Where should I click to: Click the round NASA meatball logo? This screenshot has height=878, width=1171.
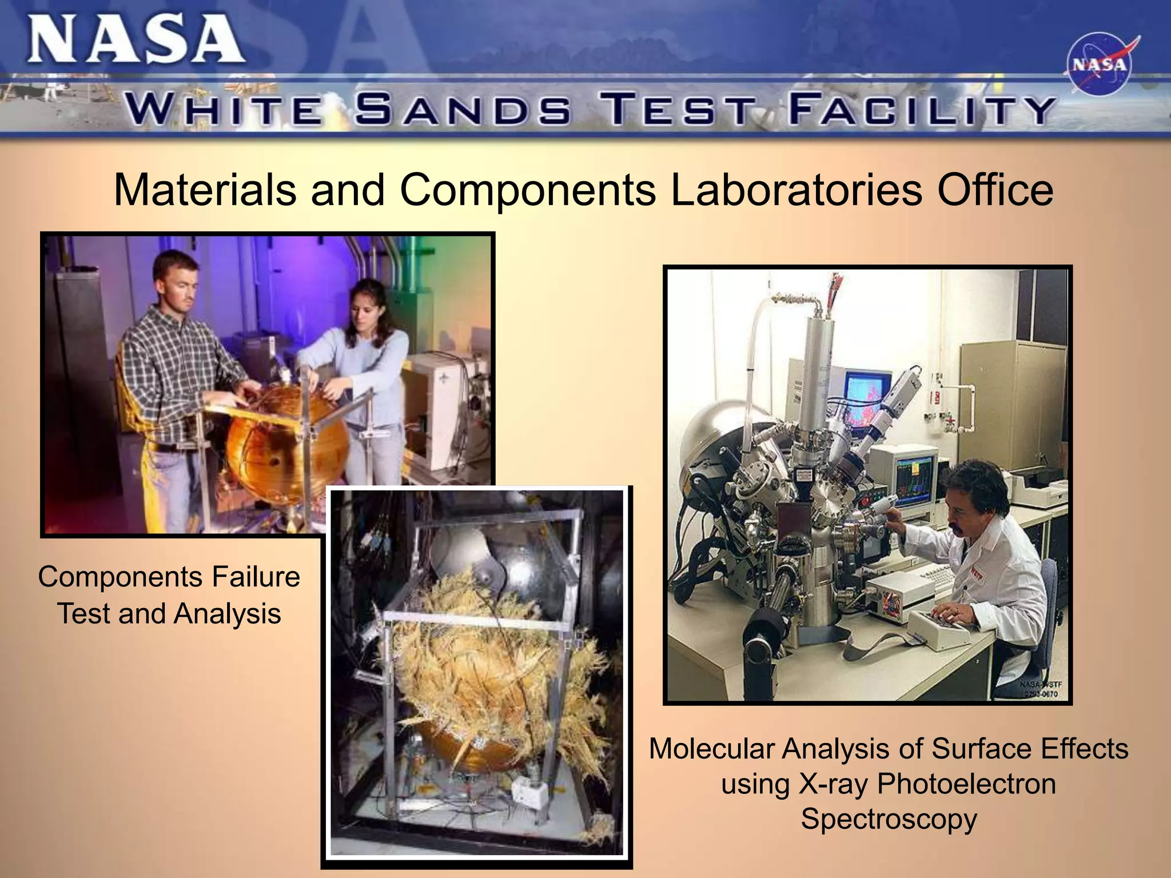point(1099,64)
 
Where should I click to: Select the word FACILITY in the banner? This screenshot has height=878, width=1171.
point(921,110)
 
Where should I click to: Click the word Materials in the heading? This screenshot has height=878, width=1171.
point(204,190)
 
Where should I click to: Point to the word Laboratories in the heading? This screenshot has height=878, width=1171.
point(796,190)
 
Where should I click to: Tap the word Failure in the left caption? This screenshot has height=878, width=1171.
point(256,577)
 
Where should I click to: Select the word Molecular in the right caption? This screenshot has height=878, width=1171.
point(711,749)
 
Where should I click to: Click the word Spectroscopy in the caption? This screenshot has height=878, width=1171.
point(889,819)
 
